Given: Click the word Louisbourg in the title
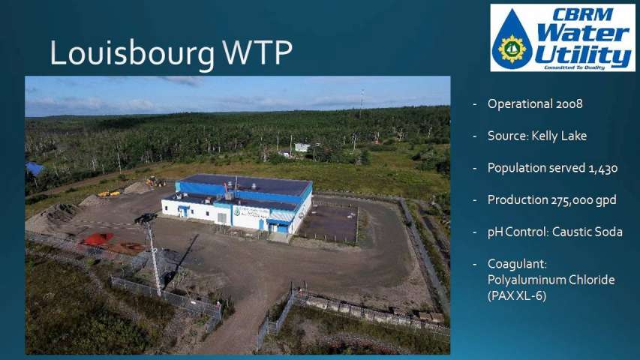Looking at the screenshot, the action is pyautogui.click(x=133, y=53).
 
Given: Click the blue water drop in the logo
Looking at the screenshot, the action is pyautogui.click(x=512, y=40).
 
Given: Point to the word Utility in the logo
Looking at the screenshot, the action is pyautogui.click(x=583, y=55).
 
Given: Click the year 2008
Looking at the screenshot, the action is pyautogui.click(x=569, y=103).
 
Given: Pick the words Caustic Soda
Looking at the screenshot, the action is pyautogui.click(x=587, y=232).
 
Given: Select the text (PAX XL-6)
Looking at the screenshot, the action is pyautogui.click(x=517, y=295).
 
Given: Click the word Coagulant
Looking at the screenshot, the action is pyautogui.click(x=517, y=265).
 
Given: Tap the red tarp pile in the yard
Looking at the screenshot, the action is pyautogui.click(x=97, y=238).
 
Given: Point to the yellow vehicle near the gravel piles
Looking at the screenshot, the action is pyautogui.click(x=109, y=193).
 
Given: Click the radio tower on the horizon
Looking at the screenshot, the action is pyautogui.click(x=361, y=103).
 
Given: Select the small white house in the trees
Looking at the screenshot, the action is pyautogui.click(x=302, y=147).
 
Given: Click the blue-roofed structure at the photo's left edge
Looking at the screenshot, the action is pyautogui.click(x=35, y=168).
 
